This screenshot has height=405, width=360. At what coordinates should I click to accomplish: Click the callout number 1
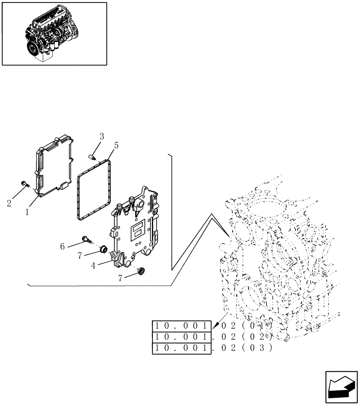pos(27,212)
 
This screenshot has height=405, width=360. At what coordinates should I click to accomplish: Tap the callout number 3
pos(101,136)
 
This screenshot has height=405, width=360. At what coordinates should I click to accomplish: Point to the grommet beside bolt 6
pos(103,248)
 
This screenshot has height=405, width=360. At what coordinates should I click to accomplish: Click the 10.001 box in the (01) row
pos(182,326)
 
